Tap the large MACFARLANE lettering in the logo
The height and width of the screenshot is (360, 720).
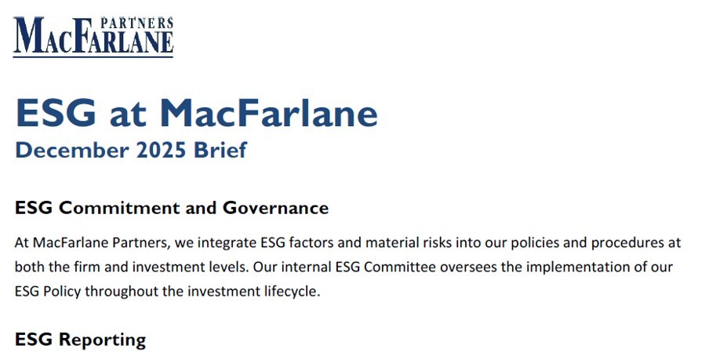coord(93,40)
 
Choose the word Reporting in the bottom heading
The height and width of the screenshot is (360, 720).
coord(102,340)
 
